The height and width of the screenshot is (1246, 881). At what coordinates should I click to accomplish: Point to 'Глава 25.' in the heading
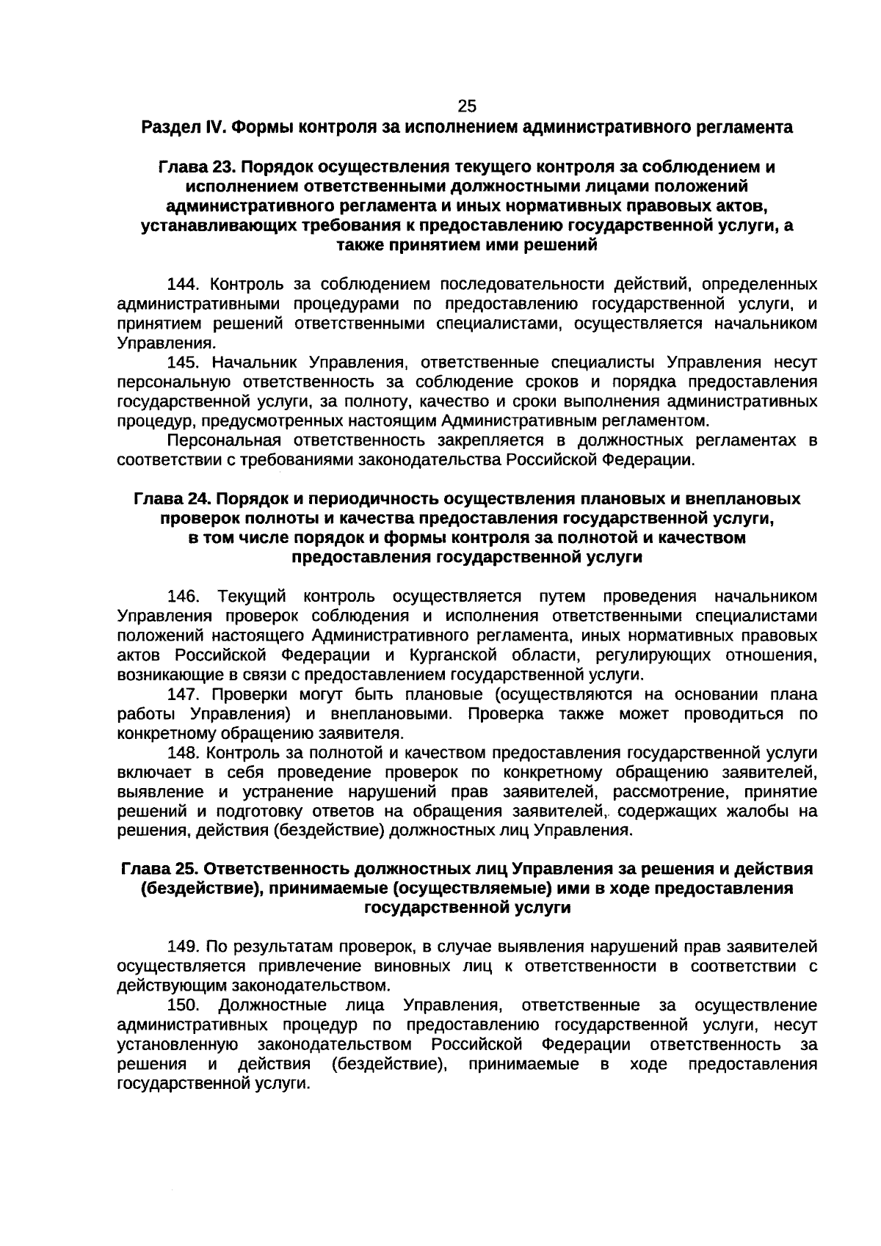159,869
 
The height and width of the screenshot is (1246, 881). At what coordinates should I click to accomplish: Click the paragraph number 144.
184,284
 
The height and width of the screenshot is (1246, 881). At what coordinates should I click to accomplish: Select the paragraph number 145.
184,362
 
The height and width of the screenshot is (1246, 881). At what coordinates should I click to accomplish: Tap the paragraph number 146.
184,595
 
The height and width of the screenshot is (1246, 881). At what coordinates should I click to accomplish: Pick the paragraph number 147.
184,694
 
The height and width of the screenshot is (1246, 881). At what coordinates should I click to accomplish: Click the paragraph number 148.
184,753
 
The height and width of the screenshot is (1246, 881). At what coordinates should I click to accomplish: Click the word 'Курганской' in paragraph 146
452,655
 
